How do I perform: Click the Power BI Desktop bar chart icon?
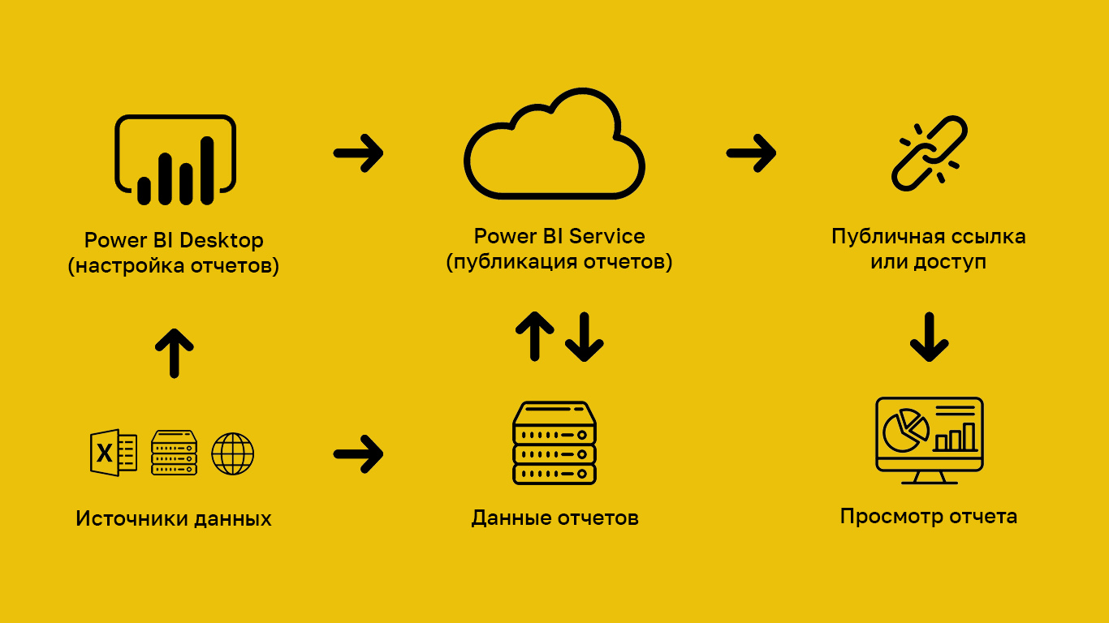(x=175, y=160)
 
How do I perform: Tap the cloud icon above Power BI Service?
(x=554, y=146)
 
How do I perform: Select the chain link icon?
(x=929, y=153)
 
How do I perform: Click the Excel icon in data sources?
(x=113, y=453)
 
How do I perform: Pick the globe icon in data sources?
(x=232, y=453)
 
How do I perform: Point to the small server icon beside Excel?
(x=174, y=453)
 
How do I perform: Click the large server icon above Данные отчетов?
(x=554, y=443)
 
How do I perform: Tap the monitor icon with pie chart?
(x=929, y=439)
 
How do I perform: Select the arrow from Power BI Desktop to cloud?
(x=358, y=153)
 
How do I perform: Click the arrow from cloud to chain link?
(x=751, y=153)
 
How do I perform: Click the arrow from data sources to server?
(x=358, y=453)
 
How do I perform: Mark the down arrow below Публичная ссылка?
(x=929, y=337)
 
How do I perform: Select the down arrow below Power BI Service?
(x=584, y=336)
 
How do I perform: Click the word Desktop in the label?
(x=221, y=241)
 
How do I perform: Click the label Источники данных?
(x=174, y=519)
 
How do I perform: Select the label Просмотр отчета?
(x=928, y=517)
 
